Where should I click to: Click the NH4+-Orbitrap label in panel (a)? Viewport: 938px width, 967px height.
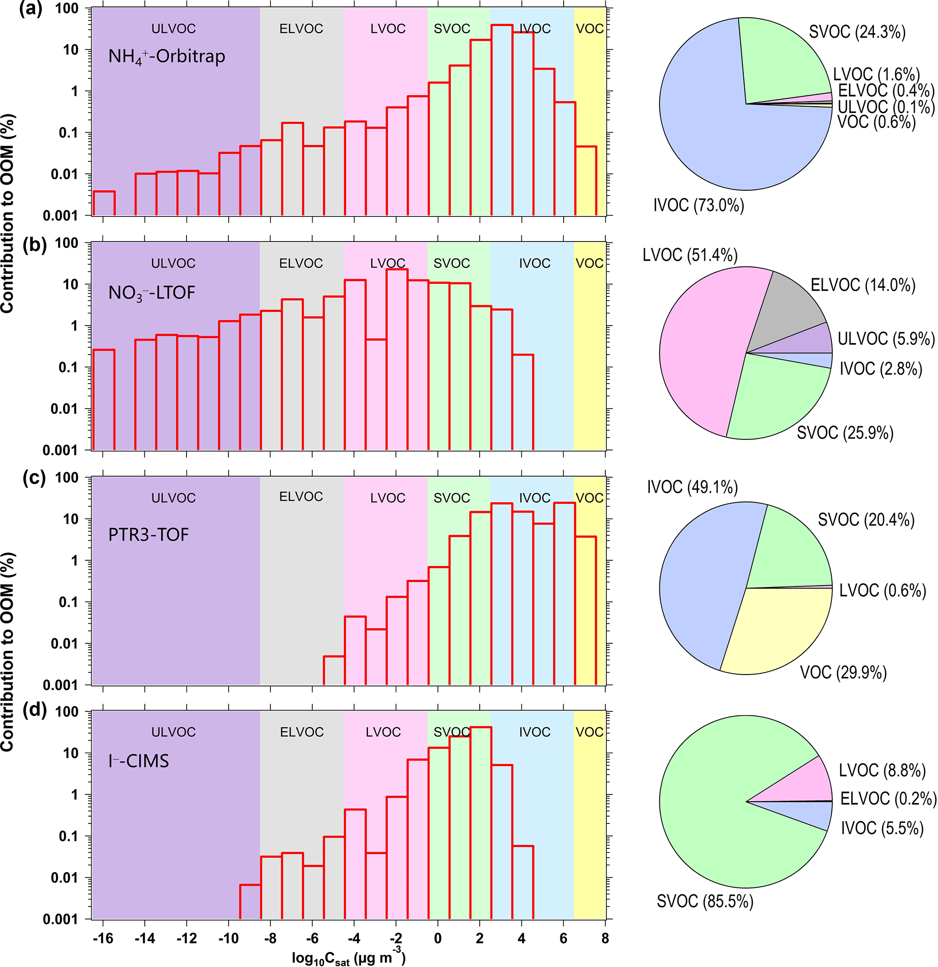pos(167,57)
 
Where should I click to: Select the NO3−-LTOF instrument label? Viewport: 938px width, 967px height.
pos(152,293)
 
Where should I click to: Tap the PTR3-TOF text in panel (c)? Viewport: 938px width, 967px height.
pos(148,535)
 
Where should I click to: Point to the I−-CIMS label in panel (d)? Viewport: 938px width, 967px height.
pos(138,761)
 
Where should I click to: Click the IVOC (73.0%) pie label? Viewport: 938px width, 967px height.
pos(698,205)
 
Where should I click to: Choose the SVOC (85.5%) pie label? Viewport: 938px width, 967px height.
pos(705,901)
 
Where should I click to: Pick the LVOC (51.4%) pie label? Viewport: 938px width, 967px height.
pos(690,255)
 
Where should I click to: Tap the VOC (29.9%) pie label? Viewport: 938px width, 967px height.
pos(843,672)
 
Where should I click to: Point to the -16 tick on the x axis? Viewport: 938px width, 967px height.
pos(103,938)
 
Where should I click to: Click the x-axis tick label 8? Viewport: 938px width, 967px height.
pos(605,938)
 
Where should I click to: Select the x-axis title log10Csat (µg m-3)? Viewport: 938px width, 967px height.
pos(349,957)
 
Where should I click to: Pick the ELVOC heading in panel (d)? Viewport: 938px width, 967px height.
pos(301,732)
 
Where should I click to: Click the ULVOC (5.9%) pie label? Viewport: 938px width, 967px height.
pos(886,339)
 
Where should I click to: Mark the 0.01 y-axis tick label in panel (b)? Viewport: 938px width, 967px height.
pos(64,409)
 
